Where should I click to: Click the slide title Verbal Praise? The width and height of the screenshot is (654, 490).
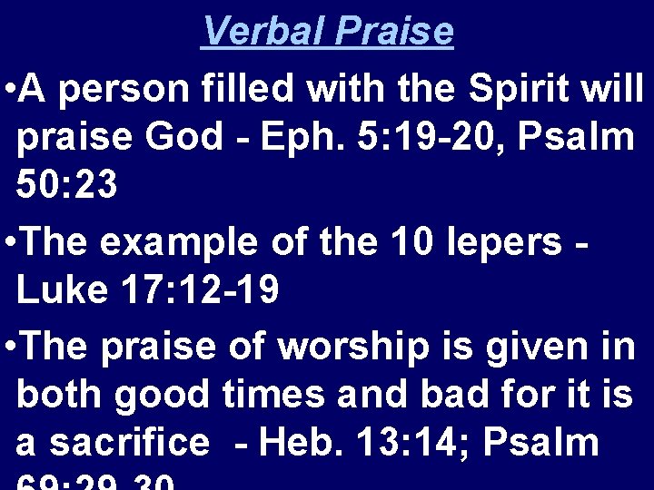click(327, 32)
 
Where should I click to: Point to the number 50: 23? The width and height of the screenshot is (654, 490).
click(66, 186)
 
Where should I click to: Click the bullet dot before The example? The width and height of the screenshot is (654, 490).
click(8, 243)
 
